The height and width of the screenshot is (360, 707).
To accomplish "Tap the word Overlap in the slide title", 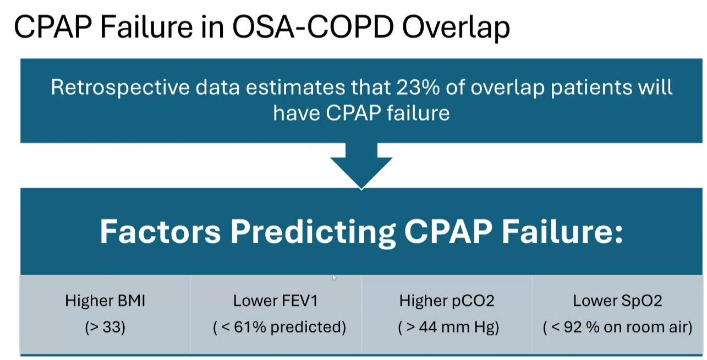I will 456,28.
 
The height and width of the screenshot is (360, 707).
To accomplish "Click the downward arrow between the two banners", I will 361,165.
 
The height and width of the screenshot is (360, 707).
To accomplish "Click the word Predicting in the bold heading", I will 313,232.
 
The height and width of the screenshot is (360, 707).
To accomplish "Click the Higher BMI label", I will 105,301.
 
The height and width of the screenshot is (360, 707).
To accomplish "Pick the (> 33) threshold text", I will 105,328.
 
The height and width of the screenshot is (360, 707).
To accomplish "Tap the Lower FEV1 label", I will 276,301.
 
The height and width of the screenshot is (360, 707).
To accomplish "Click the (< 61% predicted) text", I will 279,328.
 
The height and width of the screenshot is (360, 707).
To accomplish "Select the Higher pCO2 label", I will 447,301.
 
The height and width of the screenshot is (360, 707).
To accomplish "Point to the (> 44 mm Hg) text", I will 448,328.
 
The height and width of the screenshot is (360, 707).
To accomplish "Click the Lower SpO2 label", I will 617,301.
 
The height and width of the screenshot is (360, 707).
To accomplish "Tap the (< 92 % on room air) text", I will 617,328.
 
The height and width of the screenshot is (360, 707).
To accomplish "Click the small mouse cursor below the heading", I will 334,278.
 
